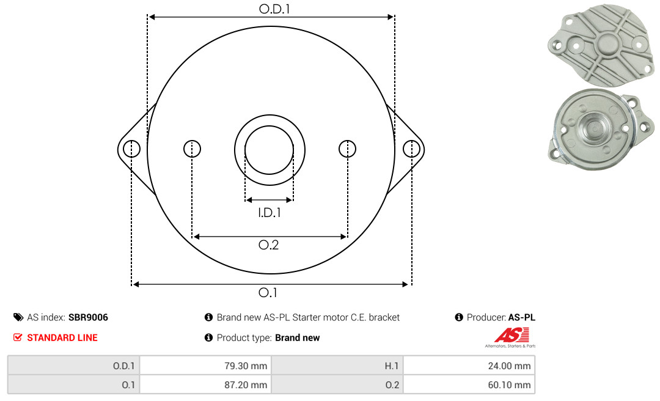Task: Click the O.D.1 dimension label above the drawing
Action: coord(274,9)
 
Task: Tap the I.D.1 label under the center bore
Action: coord(269,213)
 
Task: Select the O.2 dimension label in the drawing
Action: coord(268,245)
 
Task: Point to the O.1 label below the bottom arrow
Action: coord(268,292)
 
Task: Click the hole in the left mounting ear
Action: coord(132,149)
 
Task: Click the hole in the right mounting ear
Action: coord(411,149)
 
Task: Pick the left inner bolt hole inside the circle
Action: coord(192,149)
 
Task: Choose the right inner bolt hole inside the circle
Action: coord(347,149)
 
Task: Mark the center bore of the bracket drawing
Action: coord(269,150)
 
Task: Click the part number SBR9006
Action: coord(88,317)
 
